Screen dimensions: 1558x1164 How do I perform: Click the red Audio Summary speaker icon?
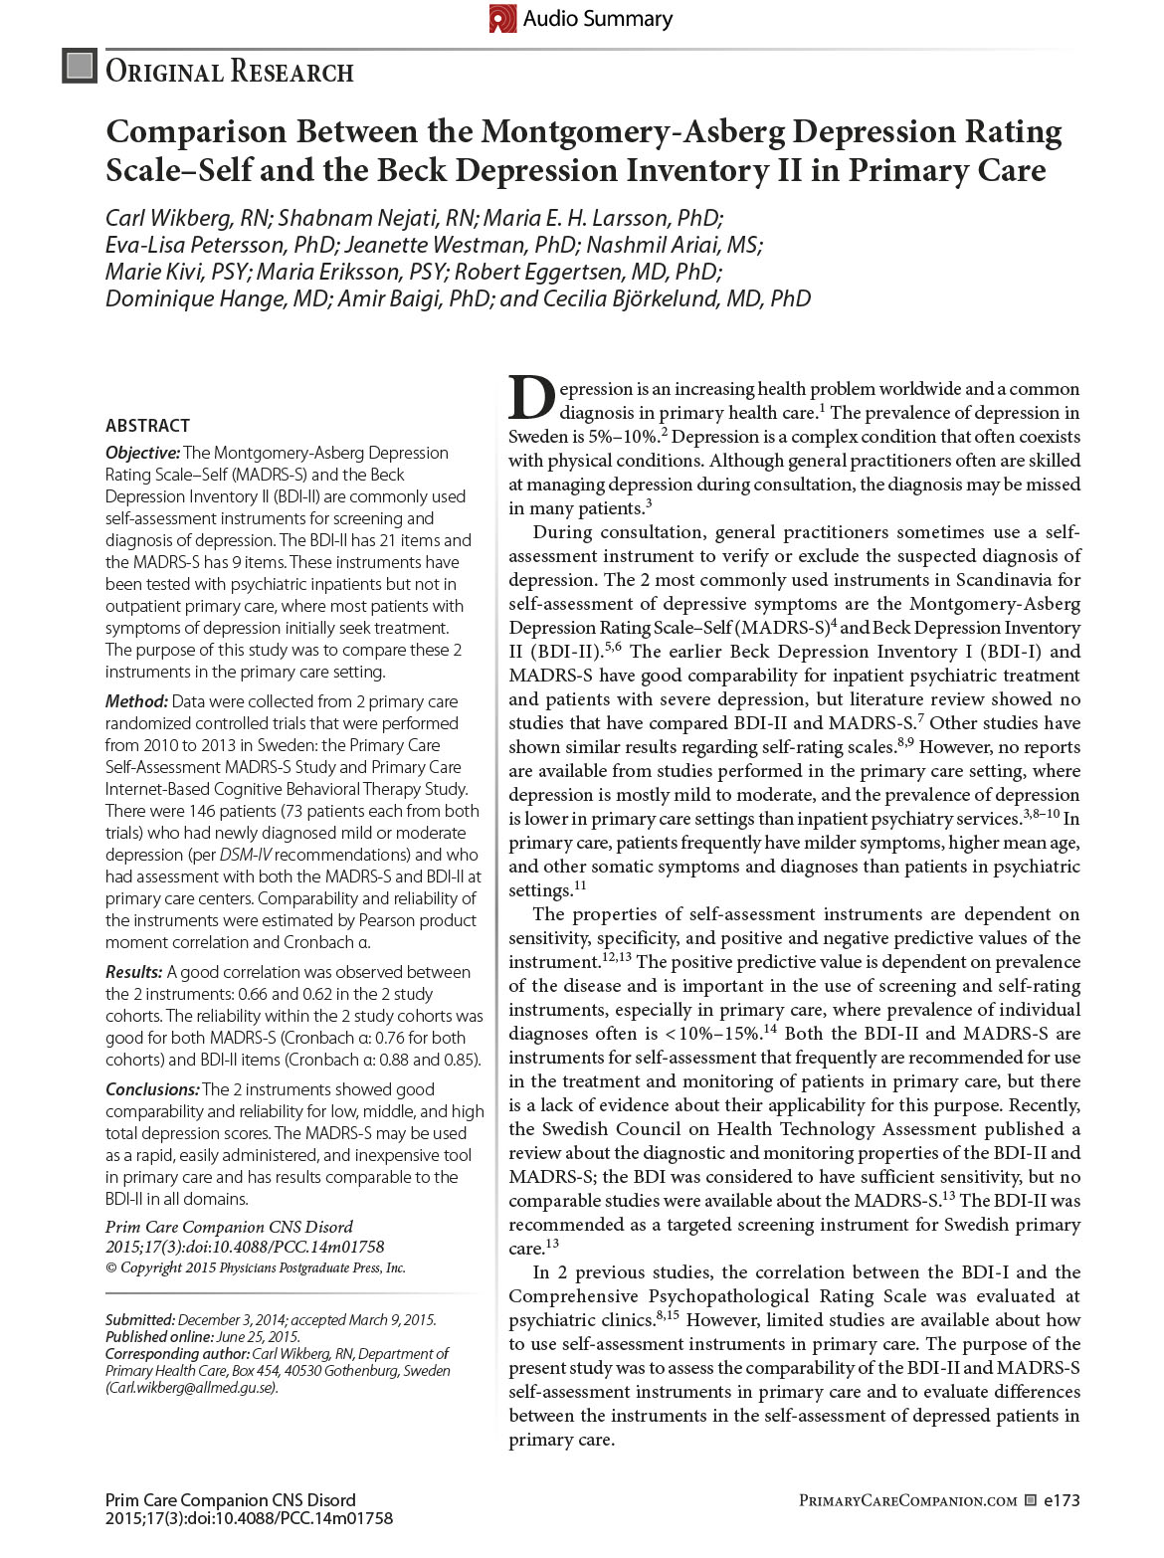pos(502,18)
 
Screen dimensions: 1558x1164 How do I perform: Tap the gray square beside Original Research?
pos(80,66)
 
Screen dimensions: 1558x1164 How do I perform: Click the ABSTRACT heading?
pos(147,426)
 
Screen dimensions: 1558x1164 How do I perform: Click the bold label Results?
pos(133,972)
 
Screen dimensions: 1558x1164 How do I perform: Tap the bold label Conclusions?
pos(152,1089)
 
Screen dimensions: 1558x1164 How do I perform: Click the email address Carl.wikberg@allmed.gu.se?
pos(192,1388)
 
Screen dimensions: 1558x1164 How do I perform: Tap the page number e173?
pos(1061,1500)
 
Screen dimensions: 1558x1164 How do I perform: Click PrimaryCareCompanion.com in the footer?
pos(907,1500)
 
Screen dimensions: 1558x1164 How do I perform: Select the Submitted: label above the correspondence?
pos(140,1320)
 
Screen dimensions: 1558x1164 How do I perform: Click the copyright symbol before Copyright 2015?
pos(111,1268)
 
